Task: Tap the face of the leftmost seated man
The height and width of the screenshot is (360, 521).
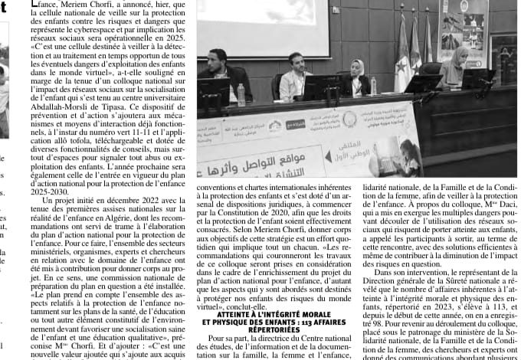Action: tap(218, 57)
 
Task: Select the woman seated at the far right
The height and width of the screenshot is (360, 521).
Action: tap(457, 65)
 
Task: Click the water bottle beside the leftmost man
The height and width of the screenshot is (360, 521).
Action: tap(241, 94)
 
